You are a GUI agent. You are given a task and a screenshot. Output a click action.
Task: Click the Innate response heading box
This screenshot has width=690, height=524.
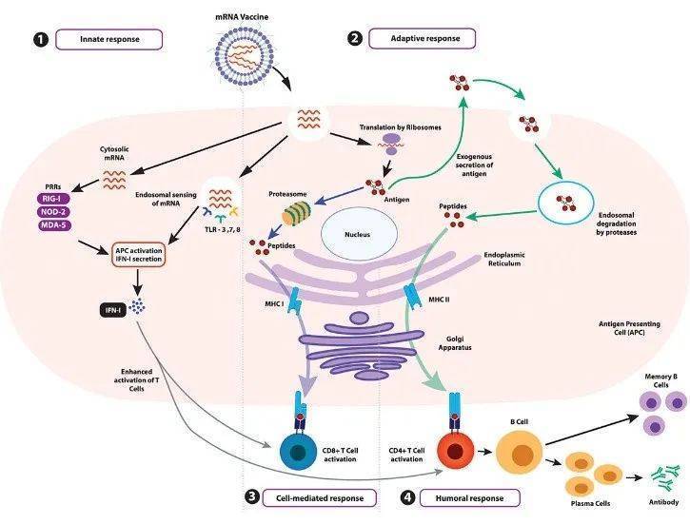(x=108, y=39)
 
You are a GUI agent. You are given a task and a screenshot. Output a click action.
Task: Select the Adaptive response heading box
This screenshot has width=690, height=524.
(x=419, y=39)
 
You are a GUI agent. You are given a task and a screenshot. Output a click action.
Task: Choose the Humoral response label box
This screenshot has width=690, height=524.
(x=469, y=497)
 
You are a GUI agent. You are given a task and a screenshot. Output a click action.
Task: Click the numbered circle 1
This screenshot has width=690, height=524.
(x=39, y=39)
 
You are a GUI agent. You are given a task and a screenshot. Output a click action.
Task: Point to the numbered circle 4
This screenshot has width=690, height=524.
(x=408, y=497)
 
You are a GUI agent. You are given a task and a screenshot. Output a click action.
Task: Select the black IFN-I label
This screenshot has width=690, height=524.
(x=111, y=309)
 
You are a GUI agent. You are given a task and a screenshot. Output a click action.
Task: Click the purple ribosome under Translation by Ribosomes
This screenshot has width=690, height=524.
(x=391, y=143)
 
